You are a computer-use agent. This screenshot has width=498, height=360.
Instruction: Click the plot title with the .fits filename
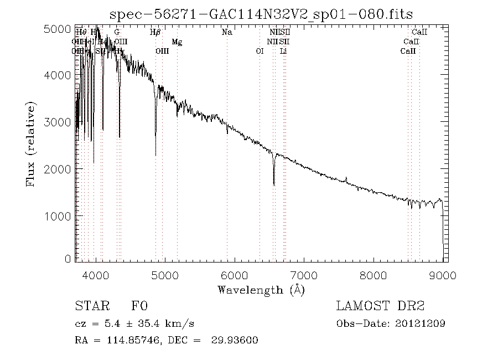[x=261, y=14]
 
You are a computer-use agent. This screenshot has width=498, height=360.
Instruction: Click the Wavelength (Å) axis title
[x=261, y=289]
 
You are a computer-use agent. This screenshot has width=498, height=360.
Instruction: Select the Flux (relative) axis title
[x=31, y=144]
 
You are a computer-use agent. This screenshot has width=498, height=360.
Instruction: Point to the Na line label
[x=227, y=32]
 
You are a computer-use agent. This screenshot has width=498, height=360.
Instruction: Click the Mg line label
[x=177, y=42]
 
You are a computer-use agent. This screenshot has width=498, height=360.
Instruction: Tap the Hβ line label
[x=155, y=32]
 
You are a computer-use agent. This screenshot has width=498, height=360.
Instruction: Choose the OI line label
[x=260, y=51]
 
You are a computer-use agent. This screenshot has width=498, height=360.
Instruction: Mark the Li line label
[x=283, y=51]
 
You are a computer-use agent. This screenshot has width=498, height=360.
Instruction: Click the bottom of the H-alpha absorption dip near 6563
[x=274, y=184]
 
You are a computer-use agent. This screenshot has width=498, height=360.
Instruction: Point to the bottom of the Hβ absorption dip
[x=155, y=155]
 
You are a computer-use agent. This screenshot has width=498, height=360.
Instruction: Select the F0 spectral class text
[x=139, y=306]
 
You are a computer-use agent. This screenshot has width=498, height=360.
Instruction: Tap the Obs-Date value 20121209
[x=422, y=323]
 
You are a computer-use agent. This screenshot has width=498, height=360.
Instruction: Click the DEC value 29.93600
[x=235, y=340]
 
